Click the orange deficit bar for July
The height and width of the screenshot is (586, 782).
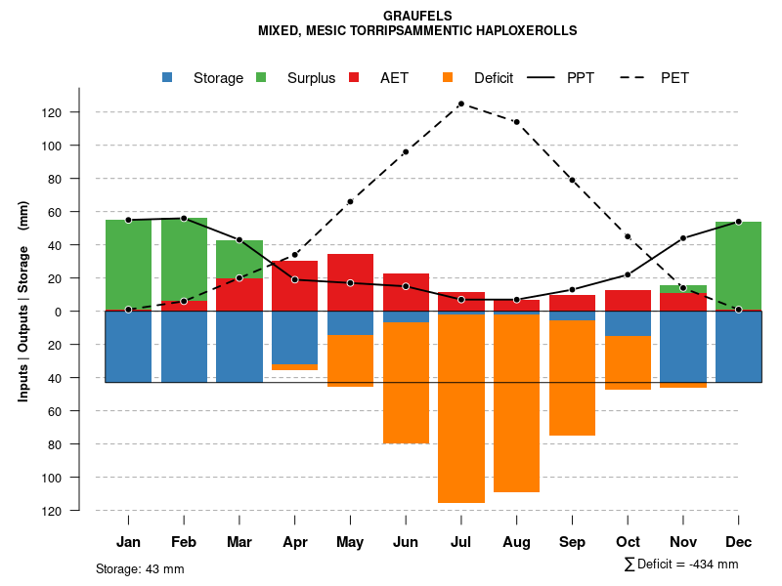point(461,408)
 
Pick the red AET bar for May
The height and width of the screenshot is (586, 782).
point(350,282)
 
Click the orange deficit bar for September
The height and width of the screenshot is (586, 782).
point(572,378)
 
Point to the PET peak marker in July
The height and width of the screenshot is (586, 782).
point(461,104)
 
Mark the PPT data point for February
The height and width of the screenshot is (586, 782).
point(184,219)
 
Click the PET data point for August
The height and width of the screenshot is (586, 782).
point(516,122)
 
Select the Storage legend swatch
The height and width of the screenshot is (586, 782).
point(169,78)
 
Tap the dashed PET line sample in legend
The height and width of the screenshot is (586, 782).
point(636,78)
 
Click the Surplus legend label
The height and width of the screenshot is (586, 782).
point(311,78)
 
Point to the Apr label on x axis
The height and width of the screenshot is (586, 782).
point(295,542)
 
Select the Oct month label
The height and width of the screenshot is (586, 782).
point(628,542)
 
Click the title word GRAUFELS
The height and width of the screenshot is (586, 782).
point(417,17)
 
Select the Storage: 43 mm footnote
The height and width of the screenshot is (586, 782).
point(140,568)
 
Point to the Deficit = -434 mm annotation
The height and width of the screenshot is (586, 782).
point(681,565)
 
